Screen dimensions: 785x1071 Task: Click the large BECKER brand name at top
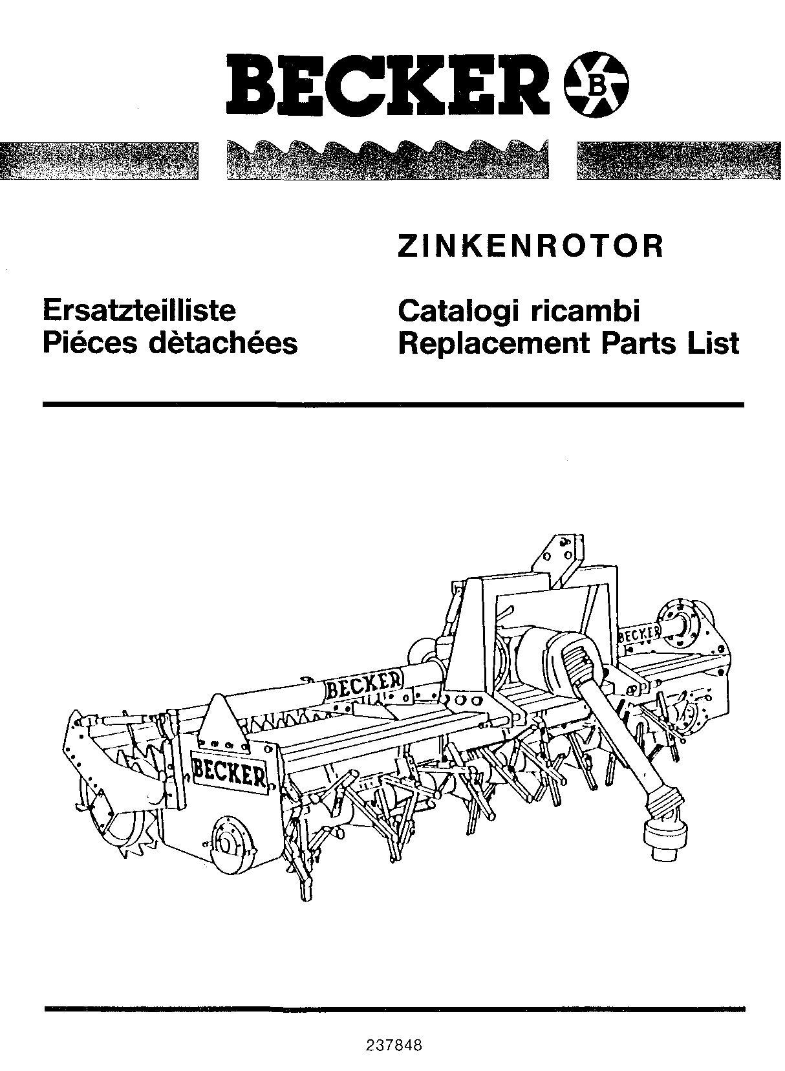pyautogui.click(x=387, y=85)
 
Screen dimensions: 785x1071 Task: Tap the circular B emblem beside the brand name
pyautogui.click(x=597, y=86)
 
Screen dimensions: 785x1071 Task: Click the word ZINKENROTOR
pyautogui.click(x=530, y=246)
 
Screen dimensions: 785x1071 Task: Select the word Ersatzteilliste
pyautogui.click(x=139, y=311)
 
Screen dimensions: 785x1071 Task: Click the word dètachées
pyautogui.click(x=223, y=342)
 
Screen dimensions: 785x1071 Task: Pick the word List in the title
pyautogui.click(x=714, y=343)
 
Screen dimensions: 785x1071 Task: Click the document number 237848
pyautogui.click(x=394, y=1045)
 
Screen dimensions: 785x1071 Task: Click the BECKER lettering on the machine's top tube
pyautogui.click(x=365, y=686)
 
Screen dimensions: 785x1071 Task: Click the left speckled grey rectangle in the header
pyautogui.click(x=99, y=160)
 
